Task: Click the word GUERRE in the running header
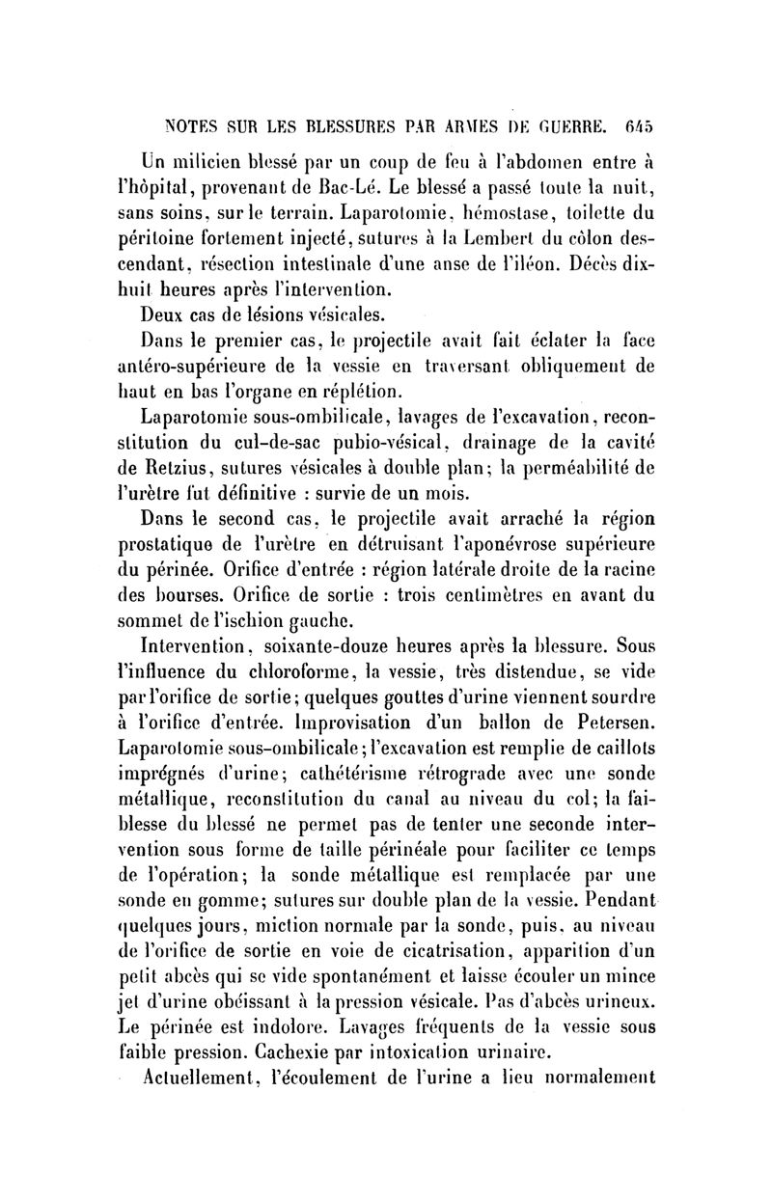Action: click(x=565, y=124)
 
